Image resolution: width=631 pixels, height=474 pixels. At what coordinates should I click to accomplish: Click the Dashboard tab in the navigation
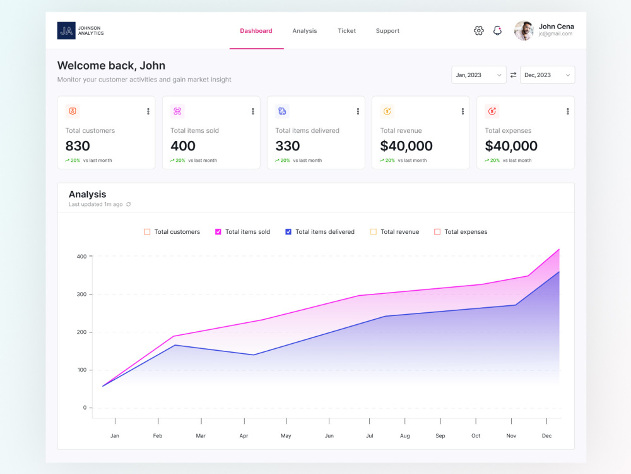click(x=256, y=30)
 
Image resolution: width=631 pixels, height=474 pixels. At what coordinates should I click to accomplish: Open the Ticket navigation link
click(x=346, y=30)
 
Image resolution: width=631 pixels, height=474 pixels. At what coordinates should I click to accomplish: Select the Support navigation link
click(x=387, y=31)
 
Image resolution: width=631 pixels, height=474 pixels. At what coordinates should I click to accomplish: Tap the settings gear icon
click(x=478, y=30)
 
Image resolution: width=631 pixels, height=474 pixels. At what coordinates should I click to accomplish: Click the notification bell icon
click(x=497, y=30)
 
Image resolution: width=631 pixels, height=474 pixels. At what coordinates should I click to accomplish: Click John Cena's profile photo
click(x=524, y=30)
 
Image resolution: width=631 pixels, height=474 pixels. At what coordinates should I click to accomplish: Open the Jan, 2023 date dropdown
click(x=479, y=75)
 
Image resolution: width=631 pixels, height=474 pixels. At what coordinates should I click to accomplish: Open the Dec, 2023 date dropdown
click(x=547, y=75)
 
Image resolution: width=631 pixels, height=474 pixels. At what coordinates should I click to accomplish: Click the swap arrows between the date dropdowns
click(x=513, y=75)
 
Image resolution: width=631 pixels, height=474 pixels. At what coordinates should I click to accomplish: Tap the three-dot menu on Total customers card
click(x=148, y=111)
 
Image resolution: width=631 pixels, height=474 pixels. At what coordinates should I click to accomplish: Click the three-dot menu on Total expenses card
click(x=567, y=111)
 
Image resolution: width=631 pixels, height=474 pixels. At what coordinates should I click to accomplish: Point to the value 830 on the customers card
click(x=78, y=146)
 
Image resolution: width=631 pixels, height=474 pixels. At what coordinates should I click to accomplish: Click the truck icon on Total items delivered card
click(x=282, y=111)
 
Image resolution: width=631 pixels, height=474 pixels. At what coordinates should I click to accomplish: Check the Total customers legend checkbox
click(x=147, y=232)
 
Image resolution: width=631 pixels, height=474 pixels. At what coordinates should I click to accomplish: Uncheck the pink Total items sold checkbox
click(x=218, y=232)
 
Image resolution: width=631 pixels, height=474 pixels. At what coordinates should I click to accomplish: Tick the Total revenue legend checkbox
click(x=374, y=232)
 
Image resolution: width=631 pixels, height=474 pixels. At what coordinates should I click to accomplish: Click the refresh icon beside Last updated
click(x=128, y=204)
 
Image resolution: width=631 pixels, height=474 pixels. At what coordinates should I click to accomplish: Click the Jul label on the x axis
click(x=369, y=435)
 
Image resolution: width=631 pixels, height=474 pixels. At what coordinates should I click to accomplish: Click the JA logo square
click(x=66, y=30)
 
